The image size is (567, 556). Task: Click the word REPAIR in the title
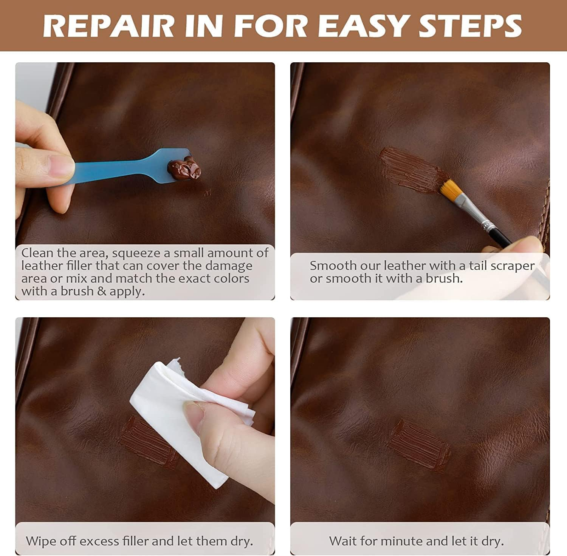point(108,25)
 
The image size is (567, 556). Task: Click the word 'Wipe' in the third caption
point(40,541)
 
